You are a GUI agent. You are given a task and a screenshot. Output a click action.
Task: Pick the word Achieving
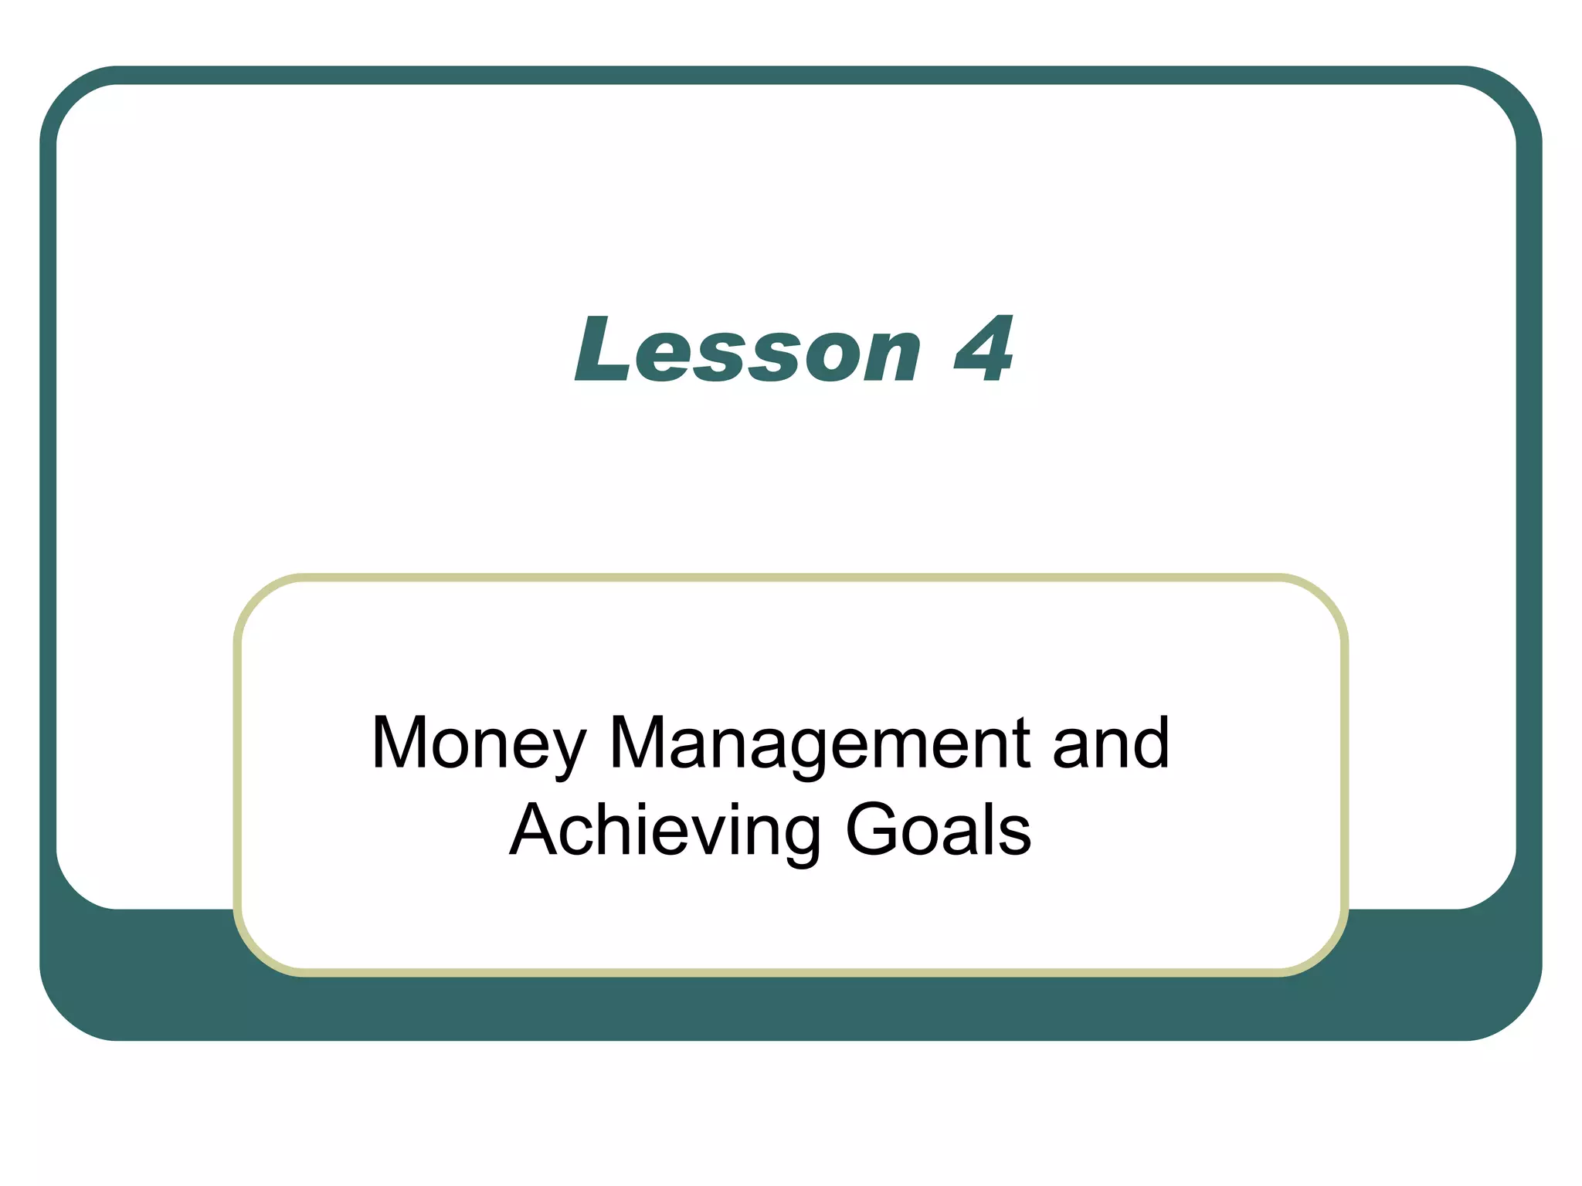tap(664, 831)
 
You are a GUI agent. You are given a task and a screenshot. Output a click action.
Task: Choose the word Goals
tap(939, 831)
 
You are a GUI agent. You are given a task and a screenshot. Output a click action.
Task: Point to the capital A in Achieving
tap(535, 831)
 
